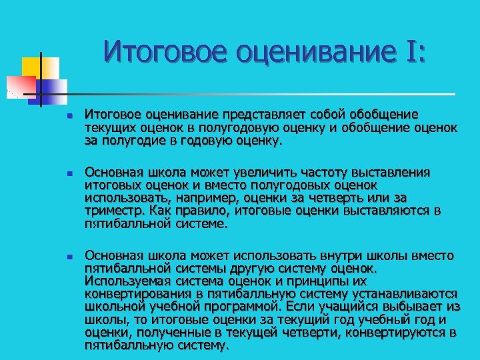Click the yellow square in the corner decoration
(x=33, y=67)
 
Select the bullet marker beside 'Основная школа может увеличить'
(x=60, y=173)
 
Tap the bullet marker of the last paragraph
(x=60, y=256)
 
